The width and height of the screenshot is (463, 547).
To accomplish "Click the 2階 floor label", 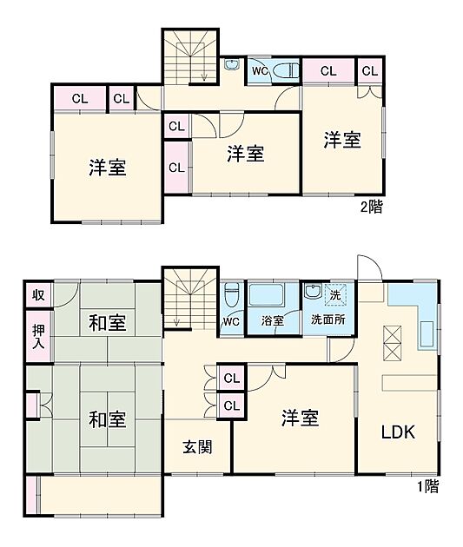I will tap(372, 208).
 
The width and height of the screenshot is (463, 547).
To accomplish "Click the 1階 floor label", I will tap(427, 487).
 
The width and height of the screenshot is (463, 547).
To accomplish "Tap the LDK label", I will tap(398, 432).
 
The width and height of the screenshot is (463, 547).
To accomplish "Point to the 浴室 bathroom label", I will tap(273, 321).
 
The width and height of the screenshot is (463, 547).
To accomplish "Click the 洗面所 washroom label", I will tap(328, 321).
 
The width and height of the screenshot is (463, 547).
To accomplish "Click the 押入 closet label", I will tap(39, 337).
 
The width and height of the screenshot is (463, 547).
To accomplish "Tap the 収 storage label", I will tap(39, 295).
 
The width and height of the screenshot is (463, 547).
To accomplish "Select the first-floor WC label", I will tap(231, 321).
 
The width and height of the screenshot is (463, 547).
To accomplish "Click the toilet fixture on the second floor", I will tap(284, 71).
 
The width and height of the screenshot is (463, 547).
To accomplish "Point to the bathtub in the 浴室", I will tap(273, 294).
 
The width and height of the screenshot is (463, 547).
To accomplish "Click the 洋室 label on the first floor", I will tap(299, 418).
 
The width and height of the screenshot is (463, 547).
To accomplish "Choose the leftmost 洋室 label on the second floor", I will tap(108, 168).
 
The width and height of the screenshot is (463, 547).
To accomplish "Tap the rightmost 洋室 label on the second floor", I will tap(342, 140).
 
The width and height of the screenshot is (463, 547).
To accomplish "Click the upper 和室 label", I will tap(108, 323).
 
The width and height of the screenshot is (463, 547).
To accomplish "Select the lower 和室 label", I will tap(108, 419).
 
